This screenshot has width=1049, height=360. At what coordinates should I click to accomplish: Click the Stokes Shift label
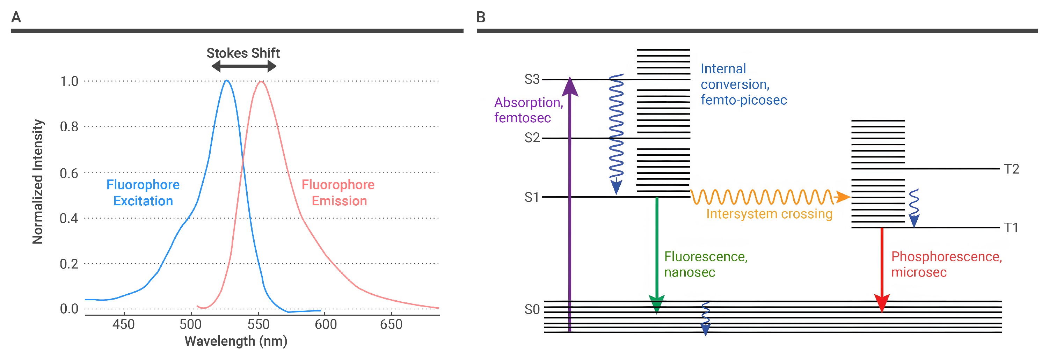tap(243, 53)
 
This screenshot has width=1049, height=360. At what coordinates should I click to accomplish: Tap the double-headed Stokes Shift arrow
tap(243, 66)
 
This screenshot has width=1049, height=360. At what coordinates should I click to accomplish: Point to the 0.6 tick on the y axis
tap(69, 173)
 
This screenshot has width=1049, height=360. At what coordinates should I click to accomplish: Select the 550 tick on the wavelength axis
tap(258, 324)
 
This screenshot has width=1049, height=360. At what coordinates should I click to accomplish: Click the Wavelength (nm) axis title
tap(236, 341)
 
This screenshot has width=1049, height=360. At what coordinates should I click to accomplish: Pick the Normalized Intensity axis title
tap(37, 182)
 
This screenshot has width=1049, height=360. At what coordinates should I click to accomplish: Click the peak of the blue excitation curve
tap(227, 81)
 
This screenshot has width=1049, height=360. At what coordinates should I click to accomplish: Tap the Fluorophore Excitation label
tap(143, 193)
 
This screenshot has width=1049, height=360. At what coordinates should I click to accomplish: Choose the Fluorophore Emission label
tap(338, 193)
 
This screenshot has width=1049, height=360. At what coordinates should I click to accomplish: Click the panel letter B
tap(481, 17)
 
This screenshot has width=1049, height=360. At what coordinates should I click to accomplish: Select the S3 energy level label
tap(531, 79)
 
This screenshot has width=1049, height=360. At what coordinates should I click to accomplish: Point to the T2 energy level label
tap(1012, 169)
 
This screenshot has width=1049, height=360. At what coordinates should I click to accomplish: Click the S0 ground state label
tap(532, 309)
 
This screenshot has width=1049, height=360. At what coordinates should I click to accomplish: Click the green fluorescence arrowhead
tap(656, 303)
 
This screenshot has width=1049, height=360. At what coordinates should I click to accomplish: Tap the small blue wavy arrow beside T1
tap(914, 208)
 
